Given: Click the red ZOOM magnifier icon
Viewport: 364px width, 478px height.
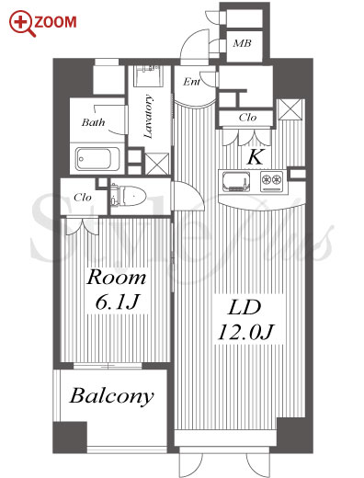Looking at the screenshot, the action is tap(21, 24).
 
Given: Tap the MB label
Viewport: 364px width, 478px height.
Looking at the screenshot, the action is tap(242, 43).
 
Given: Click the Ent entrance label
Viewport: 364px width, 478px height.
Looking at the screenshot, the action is tap(191, 82).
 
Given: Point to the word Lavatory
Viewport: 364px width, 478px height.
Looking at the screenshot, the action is tap(148, 117).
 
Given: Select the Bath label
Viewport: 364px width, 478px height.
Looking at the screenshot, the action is tap(93, 122).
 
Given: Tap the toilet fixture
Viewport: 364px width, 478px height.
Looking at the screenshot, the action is tap(128, 196).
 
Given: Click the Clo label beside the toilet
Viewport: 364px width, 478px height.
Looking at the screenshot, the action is tap(83, 198).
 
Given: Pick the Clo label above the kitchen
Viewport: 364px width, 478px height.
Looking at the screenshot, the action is tap(247, 118).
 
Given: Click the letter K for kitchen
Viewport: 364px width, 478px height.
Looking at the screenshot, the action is tap(256, 157).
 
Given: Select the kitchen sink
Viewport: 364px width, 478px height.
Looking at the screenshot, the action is tap(236, 181).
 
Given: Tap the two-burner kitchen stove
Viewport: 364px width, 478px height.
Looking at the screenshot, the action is tap(271, 181).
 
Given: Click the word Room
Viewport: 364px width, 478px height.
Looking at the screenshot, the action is tap(116, 278).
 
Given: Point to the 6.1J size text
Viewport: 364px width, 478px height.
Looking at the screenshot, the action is tap(117, 302).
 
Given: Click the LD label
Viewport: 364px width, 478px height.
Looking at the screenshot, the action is tap(245, 308).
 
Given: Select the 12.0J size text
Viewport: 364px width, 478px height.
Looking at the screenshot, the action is tap(245, 332).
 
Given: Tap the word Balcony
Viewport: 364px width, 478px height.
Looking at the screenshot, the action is tap(111, 396).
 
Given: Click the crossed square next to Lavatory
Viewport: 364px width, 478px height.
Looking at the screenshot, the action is tap(156, 164).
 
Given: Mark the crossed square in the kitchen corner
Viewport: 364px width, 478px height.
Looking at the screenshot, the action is tap(290, 109).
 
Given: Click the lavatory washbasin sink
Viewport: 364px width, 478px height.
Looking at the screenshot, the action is tap(147, 76).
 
